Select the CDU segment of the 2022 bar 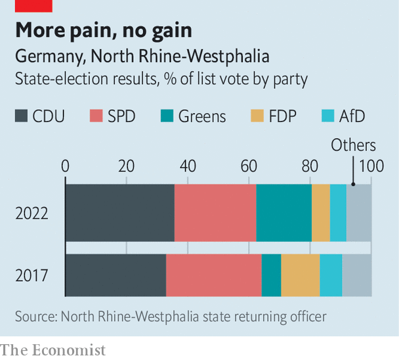click(x=119, y=213)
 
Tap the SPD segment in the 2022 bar click(x=215, y=213)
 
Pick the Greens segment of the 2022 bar click(x=283, y=213)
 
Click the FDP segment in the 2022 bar click(x=320, y=213)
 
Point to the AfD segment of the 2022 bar click(x=338, y=213)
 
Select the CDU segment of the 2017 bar click(x=115, y=275)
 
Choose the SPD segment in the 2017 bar click(x=213, y=275)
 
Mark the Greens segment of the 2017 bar click(x=271, y=275)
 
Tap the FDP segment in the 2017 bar click(x=301, y=275)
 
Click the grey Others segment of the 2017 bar click(x=357, y=275)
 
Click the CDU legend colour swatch click(x=22, y=117)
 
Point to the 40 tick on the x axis click(x=188, y=166)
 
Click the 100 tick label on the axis click(x=371, y=166)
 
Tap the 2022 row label click(x=31, y=213)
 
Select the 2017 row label click(x=31, y=275)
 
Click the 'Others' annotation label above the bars click(x=353, y=145)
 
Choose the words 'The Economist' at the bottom click(x=52, y=349)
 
